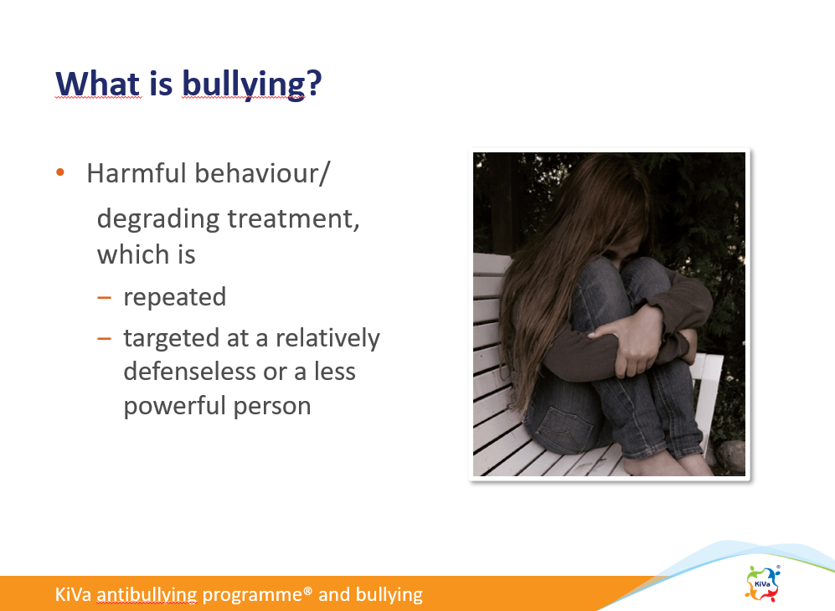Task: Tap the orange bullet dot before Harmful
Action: click(60, 172)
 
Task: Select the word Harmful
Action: click(136, 173)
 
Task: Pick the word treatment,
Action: click(293, 218)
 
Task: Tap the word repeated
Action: click(175, 297)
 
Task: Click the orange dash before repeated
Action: click(105, 297)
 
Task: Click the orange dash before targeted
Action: click(105, 338)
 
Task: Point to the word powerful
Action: click(174, 406)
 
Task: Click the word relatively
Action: click(327, 338)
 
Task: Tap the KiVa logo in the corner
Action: click(763, 583)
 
